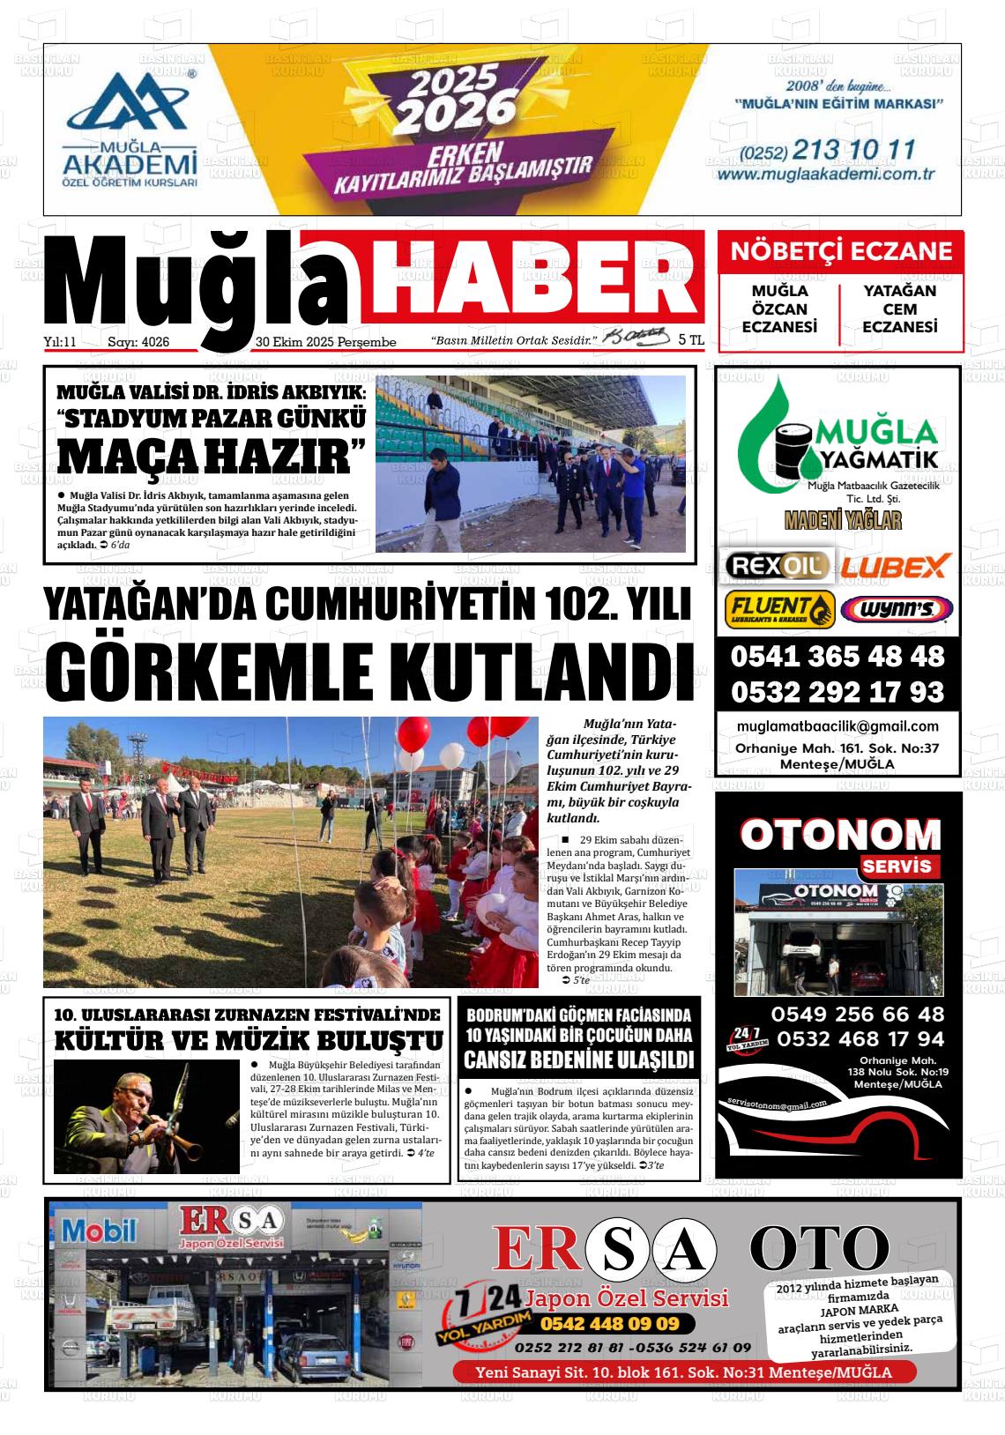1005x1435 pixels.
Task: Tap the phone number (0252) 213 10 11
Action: click(x=828, y=150)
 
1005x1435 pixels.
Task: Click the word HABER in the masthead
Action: click(x=532, y=276)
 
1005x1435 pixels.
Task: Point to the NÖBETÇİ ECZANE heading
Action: click(x=841, y=251)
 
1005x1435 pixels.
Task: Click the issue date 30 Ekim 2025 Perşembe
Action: click(x=325, y=342)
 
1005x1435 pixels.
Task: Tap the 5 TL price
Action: click(x=691, y=339)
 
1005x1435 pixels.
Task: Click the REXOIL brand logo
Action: click(x=777, y=565)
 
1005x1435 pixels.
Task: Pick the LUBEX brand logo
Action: click(x=894, y=565)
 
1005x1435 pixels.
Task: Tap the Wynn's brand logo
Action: click(x=897, y=608)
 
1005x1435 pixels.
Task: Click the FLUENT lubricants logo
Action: click(x=779, y=608)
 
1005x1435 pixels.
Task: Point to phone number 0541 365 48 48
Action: click(x=837, y=657)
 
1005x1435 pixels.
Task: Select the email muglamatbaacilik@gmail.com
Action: click(x=837, y=726)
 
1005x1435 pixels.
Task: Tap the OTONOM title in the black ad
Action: click(x=840, y=834)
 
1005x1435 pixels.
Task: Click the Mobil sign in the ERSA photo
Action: click(x=100, y=1230)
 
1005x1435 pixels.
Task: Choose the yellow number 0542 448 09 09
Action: click(x=609, y=1323)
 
